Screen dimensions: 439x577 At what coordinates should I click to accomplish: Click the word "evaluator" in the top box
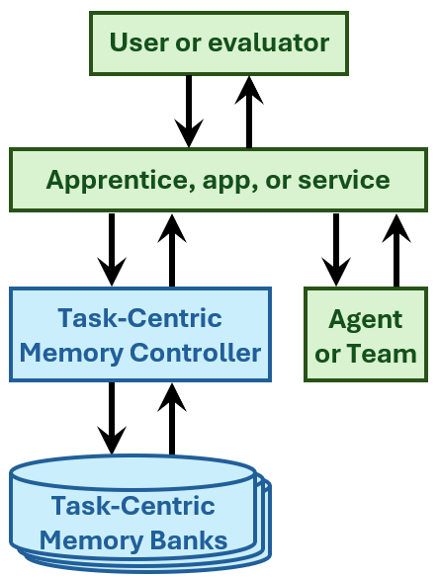[269, 42]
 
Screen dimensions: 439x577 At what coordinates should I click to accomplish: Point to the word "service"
[344, 180]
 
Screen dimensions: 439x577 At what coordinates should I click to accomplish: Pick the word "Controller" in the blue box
[195, 353]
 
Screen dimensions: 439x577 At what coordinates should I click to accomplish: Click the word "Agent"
[366, 319]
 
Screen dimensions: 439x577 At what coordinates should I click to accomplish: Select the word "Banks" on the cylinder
[189, 540]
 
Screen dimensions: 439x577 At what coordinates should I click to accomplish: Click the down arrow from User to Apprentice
[189, 111]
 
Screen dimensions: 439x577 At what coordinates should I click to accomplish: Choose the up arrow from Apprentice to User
[249, 112]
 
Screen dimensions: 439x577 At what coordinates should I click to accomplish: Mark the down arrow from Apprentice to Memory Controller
[112, 250]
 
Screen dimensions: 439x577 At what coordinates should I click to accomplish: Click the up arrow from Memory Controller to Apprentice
[172, 250]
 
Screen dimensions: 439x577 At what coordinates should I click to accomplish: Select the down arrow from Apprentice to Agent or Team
[336, 250]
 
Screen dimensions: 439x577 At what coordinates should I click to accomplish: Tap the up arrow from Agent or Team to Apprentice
[396, 250]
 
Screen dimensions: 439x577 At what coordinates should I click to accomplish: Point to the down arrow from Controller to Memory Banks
[112, 418]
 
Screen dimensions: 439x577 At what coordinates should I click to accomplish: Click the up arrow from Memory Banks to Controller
[172, 419]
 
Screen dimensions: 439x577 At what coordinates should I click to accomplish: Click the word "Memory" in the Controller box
[71, 354]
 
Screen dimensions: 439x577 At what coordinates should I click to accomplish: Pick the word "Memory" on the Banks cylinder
[91, 541]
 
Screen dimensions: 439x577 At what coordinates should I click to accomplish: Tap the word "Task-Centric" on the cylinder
[132, 506]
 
